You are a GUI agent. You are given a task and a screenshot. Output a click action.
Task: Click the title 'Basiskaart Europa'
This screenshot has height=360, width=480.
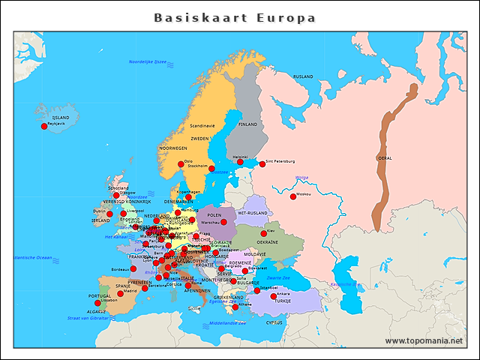(235, 17)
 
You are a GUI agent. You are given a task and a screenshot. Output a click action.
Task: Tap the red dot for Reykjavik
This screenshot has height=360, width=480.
(44, 127)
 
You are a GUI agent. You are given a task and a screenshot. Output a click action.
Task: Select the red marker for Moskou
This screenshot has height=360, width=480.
(293, 197)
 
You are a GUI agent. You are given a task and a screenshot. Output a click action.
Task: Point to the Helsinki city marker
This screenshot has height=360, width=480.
(240, 162)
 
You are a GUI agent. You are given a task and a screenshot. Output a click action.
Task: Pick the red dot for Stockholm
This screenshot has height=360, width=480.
(211, 169)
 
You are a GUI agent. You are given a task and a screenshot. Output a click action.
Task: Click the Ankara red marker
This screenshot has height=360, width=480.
(273, 296)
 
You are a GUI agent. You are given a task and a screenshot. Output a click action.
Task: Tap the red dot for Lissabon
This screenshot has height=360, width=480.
(97, 303)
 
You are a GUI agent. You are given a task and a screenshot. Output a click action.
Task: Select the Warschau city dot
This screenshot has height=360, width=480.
(223, 222)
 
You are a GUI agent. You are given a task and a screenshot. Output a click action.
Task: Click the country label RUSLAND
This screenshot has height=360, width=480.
(303, 76)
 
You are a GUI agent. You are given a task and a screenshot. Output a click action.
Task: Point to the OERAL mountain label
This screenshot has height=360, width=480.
(385, 158)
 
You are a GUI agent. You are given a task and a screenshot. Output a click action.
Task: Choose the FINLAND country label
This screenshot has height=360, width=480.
(247, 124)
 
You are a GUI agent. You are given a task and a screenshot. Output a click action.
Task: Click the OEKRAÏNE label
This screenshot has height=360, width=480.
(268, 242)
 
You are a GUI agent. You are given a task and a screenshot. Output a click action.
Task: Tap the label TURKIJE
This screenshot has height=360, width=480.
(281, 301)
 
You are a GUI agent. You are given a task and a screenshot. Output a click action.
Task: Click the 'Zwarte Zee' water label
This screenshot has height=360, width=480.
(289, 278)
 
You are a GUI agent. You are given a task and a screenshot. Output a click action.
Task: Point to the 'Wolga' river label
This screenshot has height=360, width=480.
(301, 178)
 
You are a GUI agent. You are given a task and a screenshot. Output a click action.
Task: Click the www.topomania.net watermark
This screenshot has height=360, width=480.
(424, 341)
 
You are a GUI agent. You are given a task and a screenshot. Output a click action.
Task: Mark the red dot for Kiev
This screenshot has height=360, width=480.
(263, 233)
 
